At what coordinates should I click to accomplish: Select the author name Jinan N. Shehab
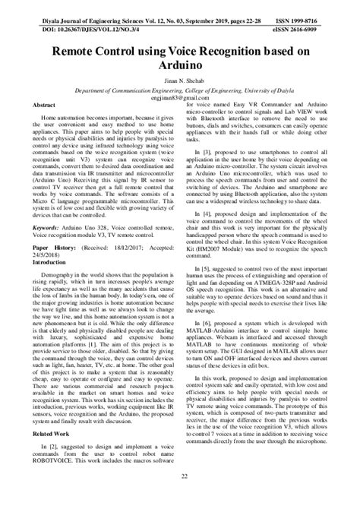click(179, 79)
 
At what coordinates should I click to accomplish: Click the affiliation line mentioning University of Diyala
click(179, 89)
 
